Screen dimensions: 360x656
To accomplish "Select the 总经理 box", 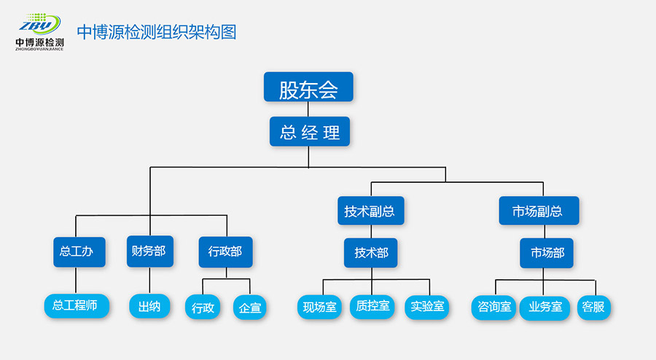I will coord(309,132).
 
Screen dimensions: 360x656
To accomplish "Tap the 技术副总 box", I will coord(370,211).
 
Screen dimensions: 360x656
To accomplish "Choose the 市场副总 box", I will coord(539,211).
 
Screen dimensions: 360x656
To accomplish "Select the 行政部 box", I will coord(225,252).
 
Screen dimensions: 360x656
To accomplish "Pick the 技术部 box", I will coord(371,253).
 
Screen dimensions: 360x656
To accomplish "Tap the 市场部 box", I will coord(547,254).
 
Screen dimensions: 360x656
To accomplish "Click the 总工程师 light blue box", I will coord(76,306).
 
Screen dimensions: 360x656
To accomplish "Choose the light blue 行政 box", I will coord(203,308).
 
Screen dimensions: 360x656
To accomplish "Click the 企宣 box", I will coord(249,308).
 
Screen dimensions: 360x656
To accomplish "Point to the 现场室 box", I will coord(320,307).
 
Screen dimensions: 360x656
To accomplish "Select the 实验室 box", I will coord(427,307).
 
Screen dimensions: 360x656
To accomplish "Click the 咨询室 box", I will coord(493,307).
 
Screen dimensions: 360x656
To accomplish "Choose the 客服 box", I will coord(593,307).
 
